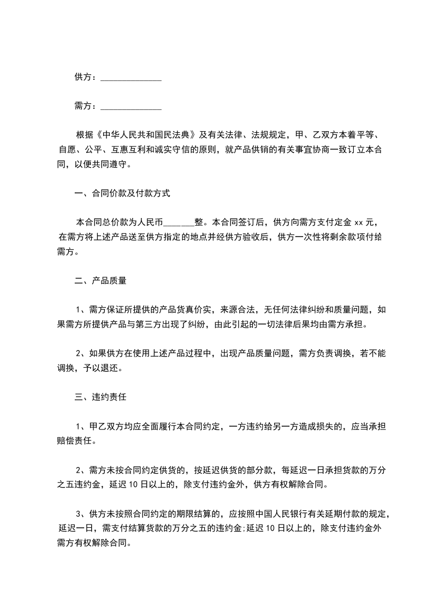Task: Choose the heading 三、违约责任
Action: pos(100,397)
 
